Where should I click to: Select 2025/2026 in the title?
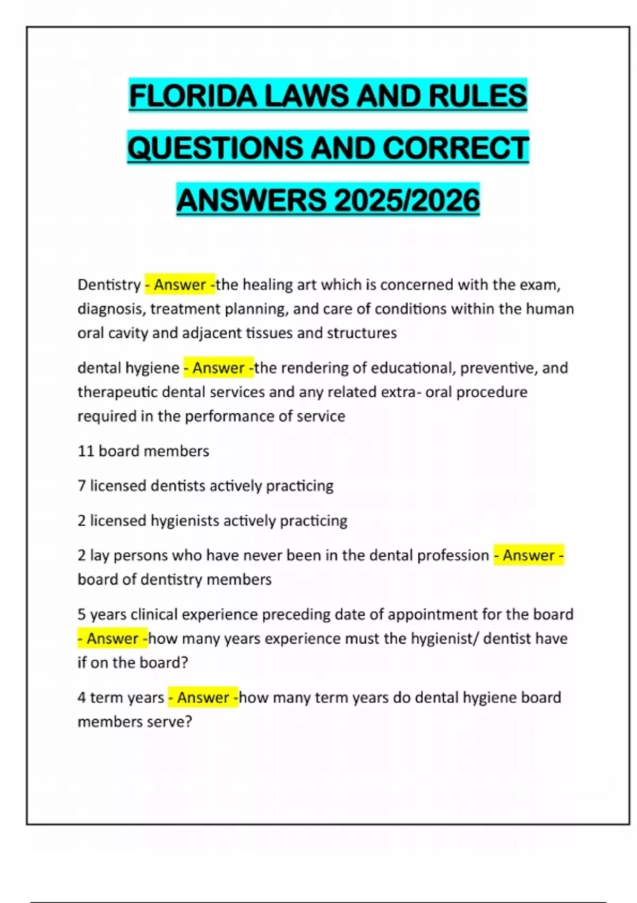(x=407, y=200)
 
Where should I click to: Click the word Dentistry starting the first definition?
(x=109, y=285)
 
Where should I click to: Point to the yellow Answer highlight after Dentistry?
(x=180, y=285)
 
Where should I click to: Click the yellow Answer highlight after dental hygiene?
(x=218, y=368)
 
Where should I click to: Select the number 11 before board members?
(x=85, y=451)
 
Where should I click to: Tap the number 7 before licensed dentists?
(x=81, y=485)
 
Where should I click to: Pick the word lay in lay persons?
(x=99, y=556)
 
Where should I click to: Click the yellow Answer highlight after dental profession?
(x=529, y=555)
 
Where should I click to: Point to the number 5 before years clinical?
(x=81, y=614)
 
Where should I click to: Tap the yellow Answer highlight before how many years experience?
(x=113, y=638)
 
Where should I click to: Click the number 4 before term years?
(x=81, y=697)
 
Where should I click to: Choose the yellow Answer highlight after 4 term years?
(x=203, y=697)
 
